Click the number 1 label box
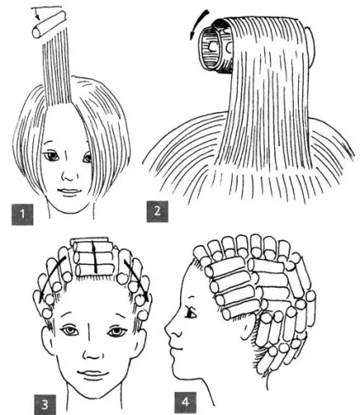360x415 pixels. [22, 214]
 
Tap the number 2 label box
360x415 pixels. [157, 211]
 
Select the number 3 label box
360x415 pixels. [45, 405]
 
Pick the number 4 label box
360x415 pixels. [185, 402]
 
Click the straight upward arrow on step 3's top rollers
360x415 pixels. [95, 257]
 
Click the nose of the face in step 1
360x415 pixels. [67, 176]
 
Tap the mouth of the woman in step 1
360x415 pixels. [67, 192]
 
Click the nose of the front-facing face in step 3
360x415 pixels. [93, 354]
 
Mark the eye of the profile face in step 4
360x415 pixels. [191, 312]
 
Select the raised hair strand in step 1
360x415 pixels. [56, 71]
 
